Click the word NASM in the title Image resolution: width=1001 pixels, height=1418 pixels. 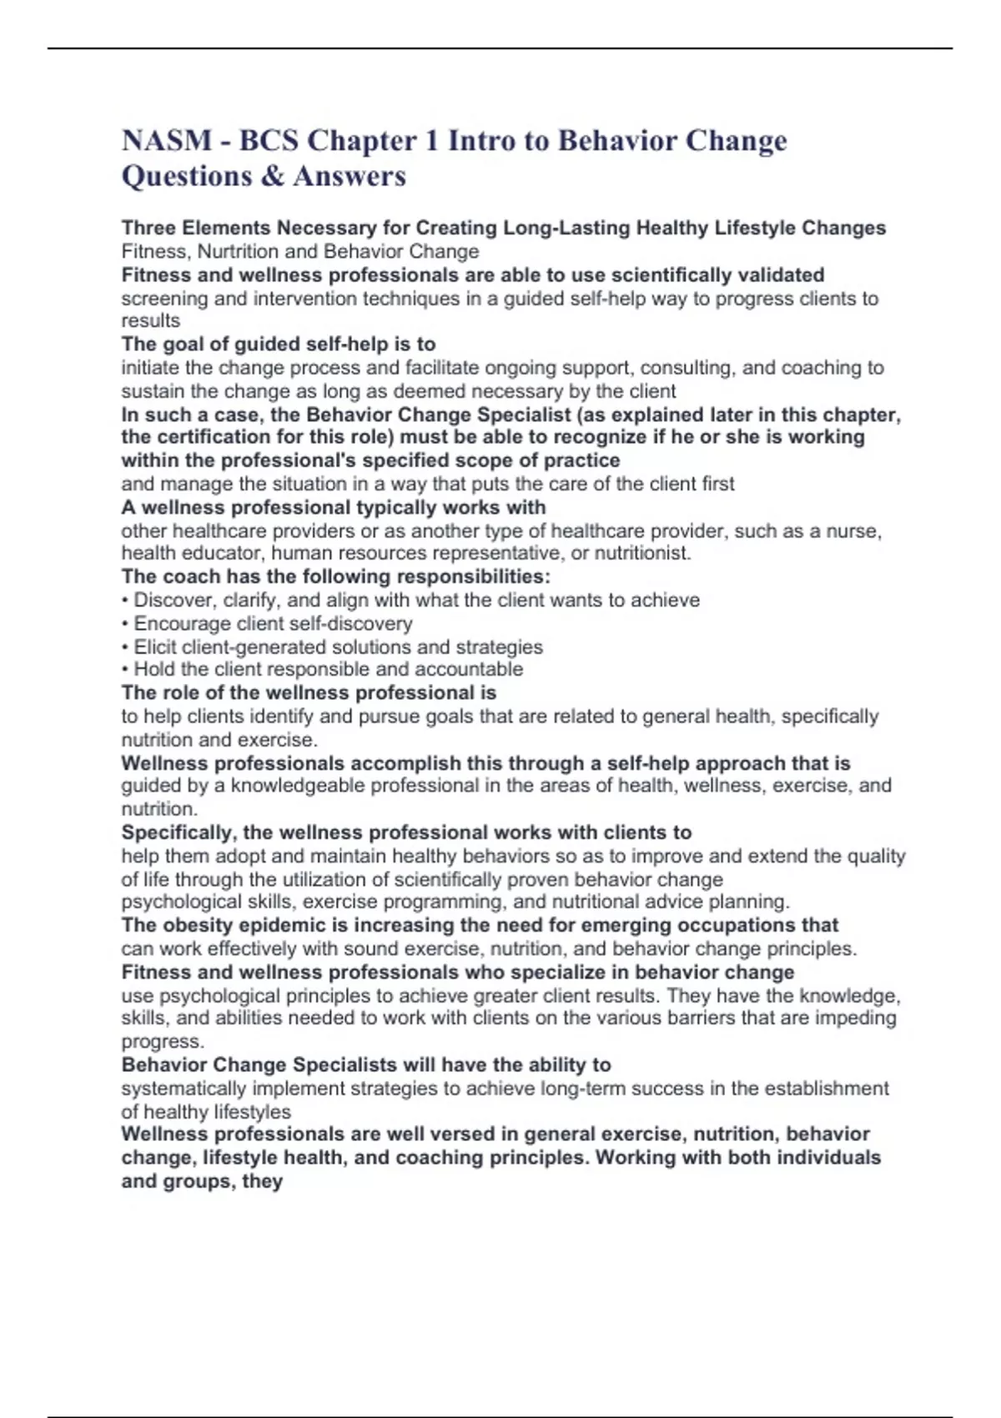[167, 140]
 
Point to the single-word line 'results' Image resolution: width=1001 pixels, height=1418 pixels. [150, 321]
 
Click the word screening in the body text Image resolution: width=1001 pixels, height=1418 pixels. [164, 299]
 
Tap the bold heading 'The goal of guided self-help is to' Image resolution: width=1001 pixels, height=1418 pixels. [279, 344]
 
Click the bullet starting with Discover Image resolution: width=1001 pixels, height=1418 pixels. [410, 601]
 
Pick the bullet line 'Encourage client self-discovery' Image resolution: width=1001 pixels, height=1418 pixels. [267, 624]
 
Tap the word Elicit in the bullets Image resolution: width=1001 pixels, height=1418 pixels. [154, 647]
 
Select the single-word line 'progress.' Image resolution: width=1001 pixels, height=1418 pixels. [163, 1041]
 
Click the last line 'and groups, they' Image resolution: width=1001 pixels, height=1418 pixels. [202, 1181]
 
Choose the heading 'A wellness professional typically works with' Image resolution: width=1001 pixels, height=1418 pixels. [334, 508]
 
